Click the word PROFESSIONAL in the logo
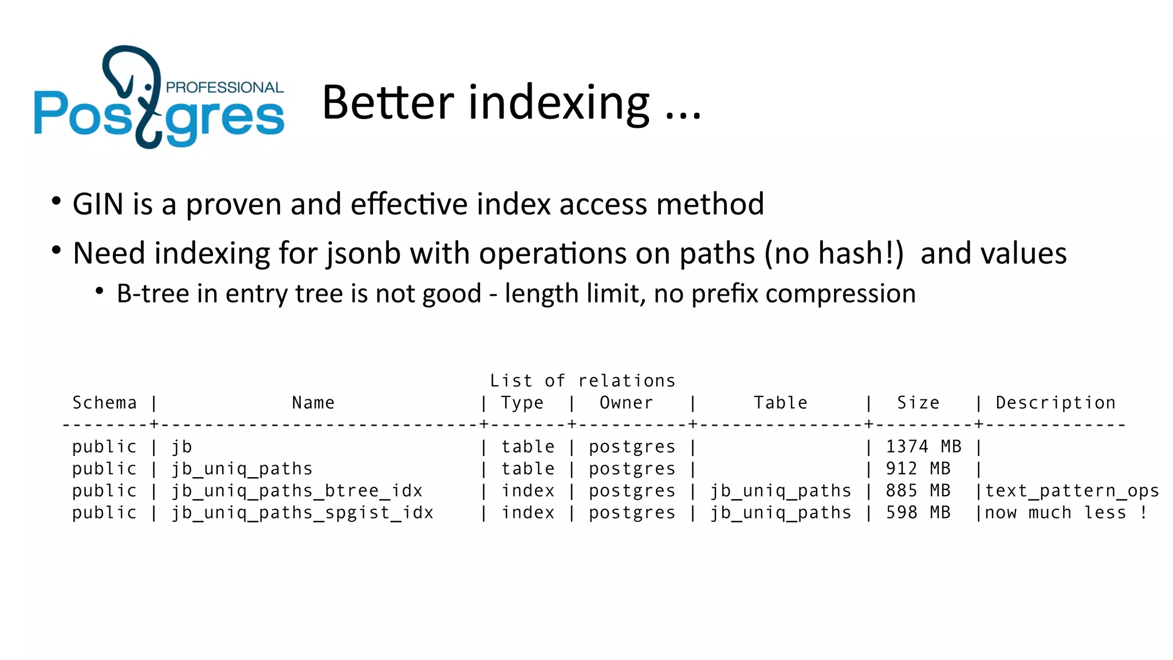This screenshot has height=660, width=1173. pyautogui.click(x=225, y=88)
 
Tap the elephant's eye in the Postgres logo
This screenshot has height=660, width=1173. pyautogui.click(x=148, y=87)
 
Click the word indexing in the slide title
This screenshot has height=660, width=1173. pyautogui.click(x=559, y=103)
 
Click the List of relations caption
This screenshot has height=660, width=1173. pyautogui.click(x=582, y=381)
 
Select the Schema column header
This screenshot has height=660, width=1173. pyautogui.click(x=105, y=403)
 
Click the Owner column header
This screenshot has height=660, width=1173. pyautogui.click(x=626, y=403)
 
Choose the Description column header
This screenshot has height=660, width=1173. pyautogui.click(x=1056, y=403)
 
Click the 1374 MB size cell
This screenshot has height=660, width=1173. pyautogui.click(x=923, y=447)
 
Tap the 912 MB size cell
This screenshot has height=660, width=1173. pyautogui.click(x=918, y=469)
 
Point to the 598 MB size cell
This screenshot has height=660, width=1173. pyautogui.click(x=918, y=513)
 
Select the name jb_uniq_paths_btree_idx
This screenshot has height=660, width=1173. pyautogui.click(x=297, y=491)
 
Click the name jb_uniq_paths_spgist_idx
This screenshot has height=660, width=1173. pyautogui.click(x=302, y=513)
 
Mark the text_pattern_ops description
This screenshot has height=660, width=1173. pyautogui.click(x=1072, y=491)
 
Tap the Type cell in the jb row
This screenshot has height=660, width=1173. pyautogui.click(x=528, y=447)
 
